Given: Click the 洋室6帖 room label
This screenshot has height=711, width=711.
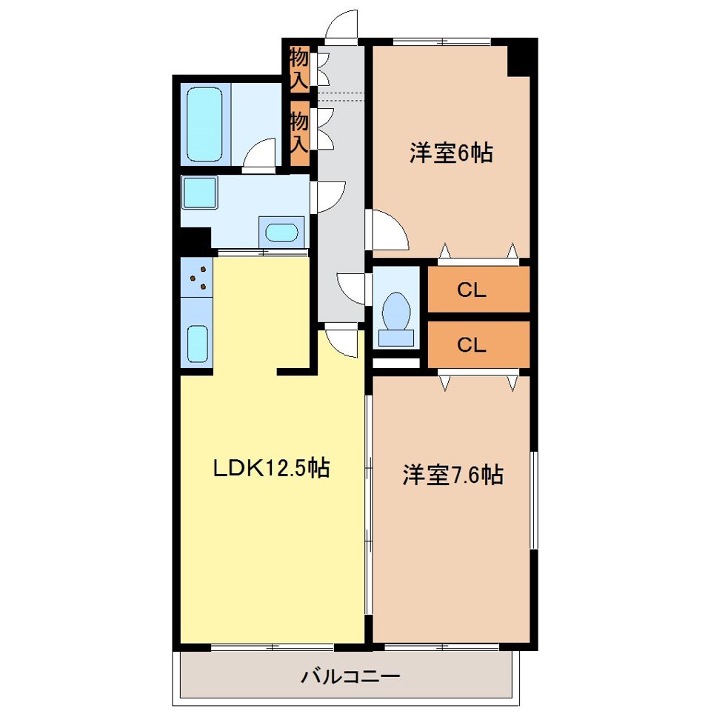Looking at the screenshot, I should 451,153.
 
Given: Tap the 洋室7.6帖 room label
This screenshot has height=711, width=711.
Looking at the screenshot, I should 453,475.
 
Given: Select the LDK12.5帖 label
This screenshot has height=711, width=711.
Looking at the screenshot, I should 271,467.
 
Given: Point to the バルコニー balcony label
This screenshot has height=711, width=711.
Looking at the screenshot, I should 351,676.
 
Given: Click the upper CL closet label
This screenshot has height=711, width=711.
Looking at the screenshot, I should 471,290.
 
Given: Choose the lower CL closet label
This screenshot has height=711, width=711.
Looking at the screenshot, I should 471,344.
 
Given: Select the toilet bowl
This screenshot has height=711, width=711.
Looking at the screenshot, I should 396,311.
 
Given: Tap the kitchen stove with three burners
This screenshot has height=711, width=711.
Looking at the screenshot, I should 197,278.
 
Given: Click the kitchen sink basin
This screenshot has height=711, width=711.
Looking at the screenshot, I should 197,343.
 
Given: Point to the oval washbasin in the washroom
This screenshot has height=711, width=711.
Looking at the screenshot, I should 281,232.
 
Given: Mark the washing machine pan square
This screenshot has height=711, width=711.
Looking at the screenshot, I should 200,192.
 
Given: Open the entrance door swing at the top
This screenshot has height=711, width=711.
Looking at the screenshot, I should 342,24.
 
